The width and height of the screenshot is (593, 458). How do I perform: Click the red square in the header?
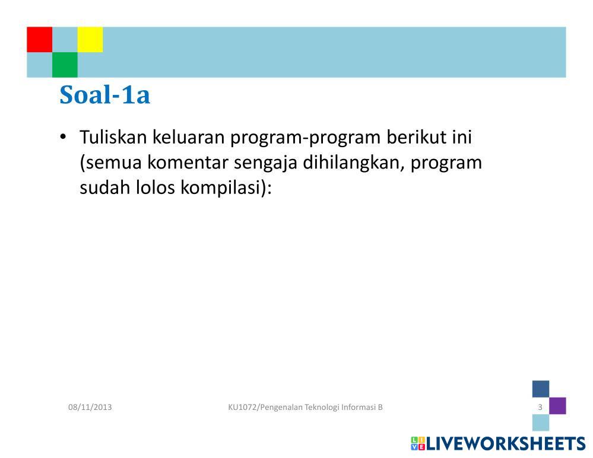(x=39, y=39)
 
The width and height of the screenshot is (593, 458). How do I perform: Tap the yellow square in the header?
(x=90, y=39)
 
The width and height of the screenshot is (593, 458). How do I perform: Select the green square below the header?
(x=65, y=65)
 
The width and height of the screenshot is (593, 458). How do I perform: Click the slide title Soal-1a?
(x=104, y=94)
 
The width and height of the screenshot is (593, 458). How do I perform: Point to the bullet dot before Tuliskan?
(x=63, y=136)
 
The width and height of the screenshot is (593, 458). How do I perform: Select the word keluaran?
(x=189, y=137)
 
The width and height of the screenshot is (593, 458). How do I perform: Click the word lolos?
(x=156, y=187)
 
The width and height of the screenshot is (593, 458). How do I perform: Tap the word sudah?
(x=105, y=187)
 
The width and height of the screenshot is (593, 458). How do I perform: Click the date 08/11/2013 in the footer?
(x=90, y=408)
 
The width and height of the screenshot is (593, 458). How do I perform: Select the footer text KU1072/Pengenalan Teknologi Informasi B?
(x=306, y=408)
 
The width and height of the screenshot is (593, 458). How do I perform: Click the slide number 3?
(x=540, y=408)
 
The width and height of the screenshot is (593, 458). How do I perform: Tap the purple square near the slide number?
(x=557, y=406)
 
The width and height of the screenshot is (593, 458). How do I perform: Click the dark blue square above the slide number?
(x=541, y=389)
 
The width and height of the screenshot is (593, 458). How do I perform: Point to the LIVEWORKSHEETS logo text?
(x=506, y=444)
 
